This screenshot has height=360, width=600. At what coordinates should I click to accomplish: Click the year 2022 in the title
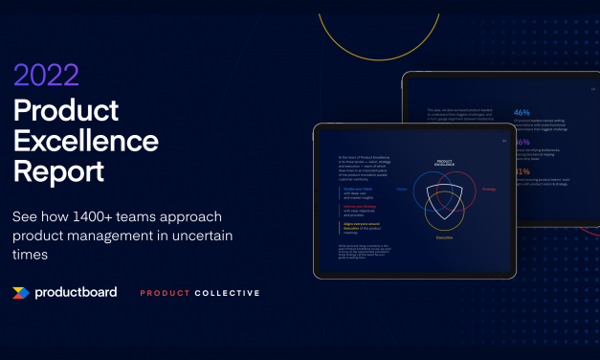47,76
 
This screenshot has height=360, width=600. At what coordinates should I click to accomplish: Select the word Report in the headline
59,174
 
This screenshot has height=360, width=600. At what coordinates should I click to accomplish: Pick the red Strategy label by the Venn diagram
488,190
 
